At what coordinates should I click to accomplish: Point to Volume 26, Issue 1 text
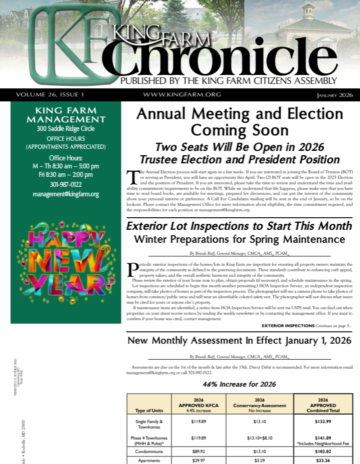click(x=50, y=94)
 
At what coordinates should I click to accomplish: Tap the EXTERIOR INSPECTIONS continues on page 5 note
click(x=306, y=325)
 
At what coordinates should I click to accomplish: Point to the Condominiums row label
click(x=148, y=451)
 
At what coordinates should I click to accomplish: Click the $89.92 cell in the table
click(x=198, y=451)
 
